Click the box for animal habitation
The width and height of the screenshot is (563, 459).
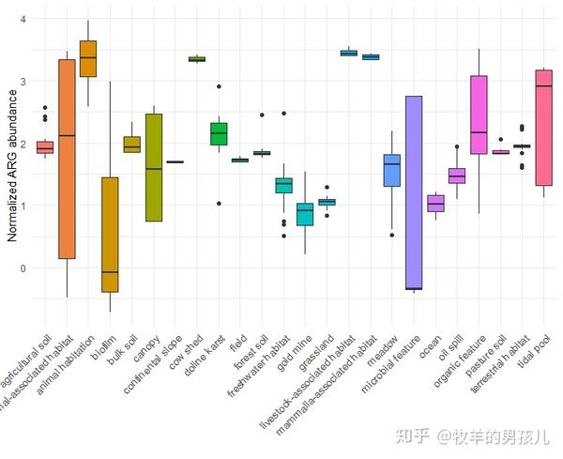pos(88,59)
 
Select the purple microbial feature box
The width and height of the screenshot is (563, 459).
pos(412,192)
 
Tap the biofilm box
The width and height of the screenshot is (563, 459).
pos(110,235)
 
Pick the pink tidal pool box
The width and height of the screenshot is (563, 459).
pos(542,128)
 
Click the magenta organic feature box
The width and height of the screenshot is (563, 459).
pos(479,115)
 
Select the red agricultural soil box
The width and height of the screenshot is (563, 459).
pos(44,147)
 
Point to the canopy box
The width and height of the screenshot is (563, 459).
pos(154,167)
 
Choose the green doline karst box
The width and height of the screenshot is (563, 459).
pos(219,134)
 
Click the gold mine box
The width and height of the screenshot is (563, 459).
pos(305,214)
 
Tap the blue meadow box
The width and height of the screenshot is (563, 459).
pos(391,170)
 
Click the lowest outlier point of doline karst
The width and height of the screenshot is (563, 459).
pos(219,203)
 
